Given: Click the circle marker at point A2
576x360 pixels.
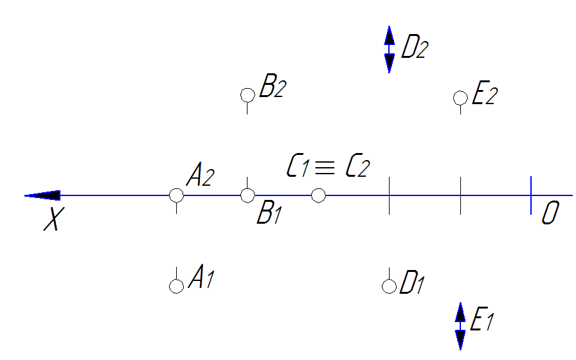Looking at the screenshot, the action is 176,195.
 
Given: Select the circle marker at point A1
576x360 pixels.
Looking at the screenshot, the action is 176,286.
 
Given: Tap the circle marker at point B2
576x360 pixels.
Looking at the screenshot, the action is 248,95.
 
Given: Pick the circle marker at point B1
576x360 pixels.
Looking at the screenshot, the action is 248,195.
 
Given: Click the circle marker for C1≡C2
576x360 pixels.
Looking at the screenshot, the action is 318,195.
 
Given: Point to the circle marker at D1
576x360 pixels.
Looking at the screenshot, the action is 389,286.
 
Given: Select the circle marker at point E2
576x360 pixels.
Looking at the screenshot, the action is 460,98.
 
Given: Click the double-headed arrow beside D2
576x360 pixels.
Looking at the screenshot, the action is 389,50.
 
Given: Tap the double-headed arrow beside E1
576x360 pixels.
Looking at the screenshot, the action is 460,326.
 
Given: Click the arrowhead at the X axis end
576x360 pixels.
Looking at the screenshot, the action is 44,195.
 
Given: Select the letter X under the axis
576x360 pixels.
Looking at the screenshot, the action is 53,221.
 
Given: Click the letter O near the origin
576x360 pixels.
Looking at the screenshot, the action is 549,213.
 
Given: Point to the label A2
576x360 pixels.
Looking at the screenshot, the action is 201,175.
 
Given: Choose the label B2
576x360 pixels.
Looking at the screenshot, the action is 272,87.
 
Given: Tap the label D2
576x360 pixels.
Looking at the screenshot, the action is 414,48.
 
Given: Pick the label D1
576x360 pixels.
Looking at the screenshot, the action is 412,283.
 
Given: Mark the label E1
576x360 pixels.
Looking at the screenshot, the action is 483,319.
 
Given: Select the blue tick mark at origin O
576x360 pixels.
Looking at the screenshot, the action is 531,195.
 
